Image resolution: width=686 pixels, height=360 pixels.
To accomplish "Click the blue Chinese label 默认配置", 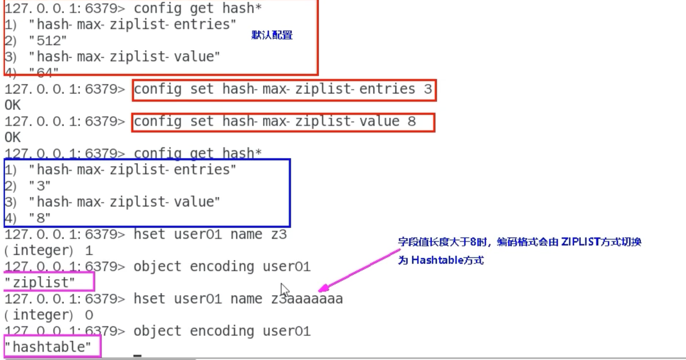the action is point(272,35).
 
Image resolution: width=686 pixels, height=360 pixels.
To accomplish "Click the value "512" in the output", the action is point(48,41).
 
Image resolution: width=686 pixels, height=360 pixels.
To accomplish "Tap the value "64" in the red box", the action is point(44,72).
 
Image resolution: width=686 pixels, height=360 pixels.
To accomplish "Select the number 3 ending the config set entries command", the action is point(427,89).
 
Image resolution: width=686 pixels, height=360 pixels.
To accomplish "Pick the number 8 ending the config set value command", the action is point(411,122).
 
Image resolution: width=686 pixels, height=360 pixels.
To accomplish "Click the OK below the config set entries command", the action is point(13,105).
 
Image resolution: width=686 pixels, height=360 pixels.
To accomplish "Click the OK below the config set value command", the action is point(13,138).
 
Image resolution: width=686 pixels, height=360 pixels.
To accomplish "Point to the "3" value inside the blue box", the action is point(40,186).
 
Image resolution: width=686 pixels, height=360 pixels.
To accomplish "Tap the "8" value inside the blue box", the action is point(40,218).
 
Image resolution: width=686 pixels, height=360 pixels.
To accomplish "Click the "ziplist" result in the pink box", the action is point(40,283).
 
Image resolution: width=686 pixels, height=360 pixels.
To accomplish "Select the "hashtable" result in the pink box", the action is point(48,347).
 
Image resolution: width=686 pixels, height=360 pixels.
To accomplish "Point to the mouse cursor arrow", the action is point(284,289).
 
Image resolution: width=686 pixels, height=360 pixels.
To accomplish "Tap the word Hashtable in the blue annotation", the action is point(437,260).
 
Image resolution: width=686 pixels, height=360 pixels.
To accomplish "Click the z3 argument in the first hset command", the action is point(279,235).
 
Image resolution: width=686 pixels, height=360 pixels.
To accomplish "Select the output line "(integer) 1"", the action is point(48,251).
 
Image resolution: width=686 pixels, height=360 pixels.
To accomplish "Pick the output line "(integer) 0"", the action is point(48,315).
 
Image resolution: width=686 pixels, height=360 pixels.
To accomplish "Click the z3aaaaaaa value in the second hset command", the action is point(307,299).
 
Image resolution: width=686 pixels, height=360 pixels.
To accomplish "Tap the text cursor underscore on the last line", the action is point(138,356).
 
